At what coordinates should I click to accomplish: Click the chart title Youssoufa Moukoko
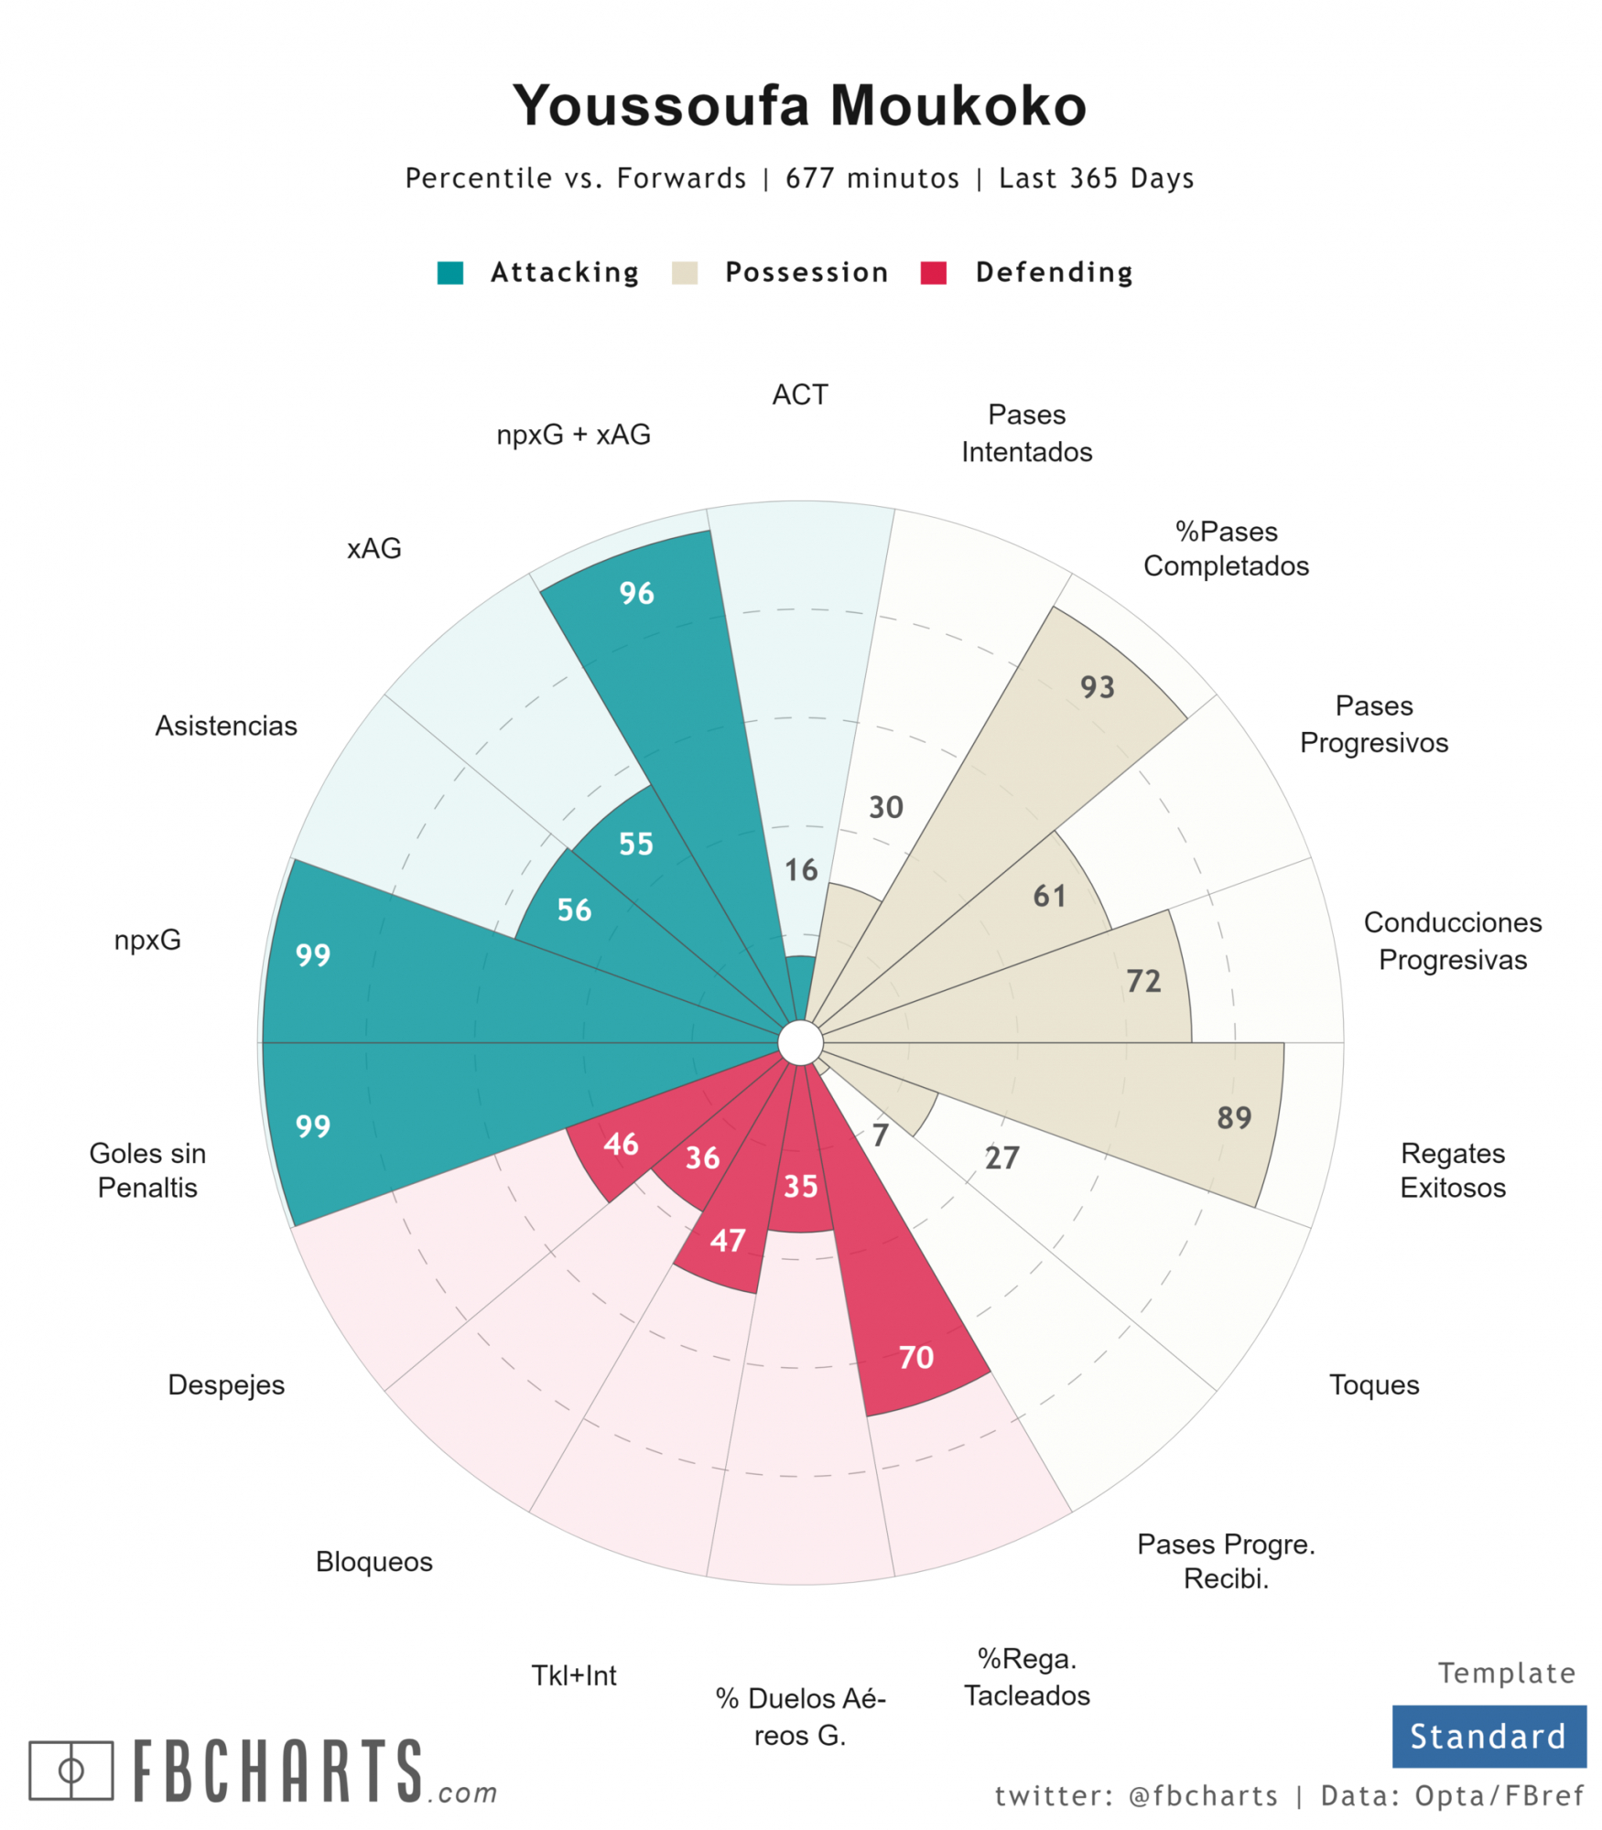tap(798, 105)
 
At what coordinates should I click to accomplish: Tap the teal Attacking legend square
tap(449, 273)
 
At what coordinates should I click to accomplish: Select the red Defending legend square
tap(933, 273)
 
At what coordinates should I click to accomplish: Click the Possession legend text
tap(806, 273)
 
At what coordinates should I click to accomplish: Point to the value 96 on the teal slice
tap(636, 594)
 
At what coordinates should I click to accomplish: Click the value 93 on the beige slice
tap(1097, 687)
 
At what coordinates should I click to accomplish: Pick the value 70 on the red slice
tap(915, 1358)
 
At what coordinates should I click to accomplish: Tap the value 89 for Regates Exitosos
tap(1233, 1118)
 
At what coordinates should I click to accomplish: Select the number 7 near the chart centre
tap(880, 1136)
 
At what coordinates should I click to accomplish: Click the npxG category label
tap(147, 941)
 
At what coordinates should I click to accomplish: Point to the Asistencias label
tap(226, 727)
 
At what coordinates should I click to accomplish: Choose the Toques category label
tap(1373, 1385)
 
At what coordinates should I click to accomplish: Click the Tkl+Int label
tap(574, 1676)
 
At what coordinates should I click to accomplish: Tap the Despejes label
tap(226, 1385)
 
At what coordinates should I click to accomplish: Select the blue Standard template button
tap(1488, 1737)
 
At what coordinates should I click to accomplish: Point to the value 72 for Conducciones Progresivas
tap(1142, 982)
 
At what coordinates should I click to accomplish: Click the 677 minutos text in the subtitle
tap(871, 178)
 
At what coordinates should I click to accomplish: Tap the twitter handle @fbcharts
tap(1202, 1796)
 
